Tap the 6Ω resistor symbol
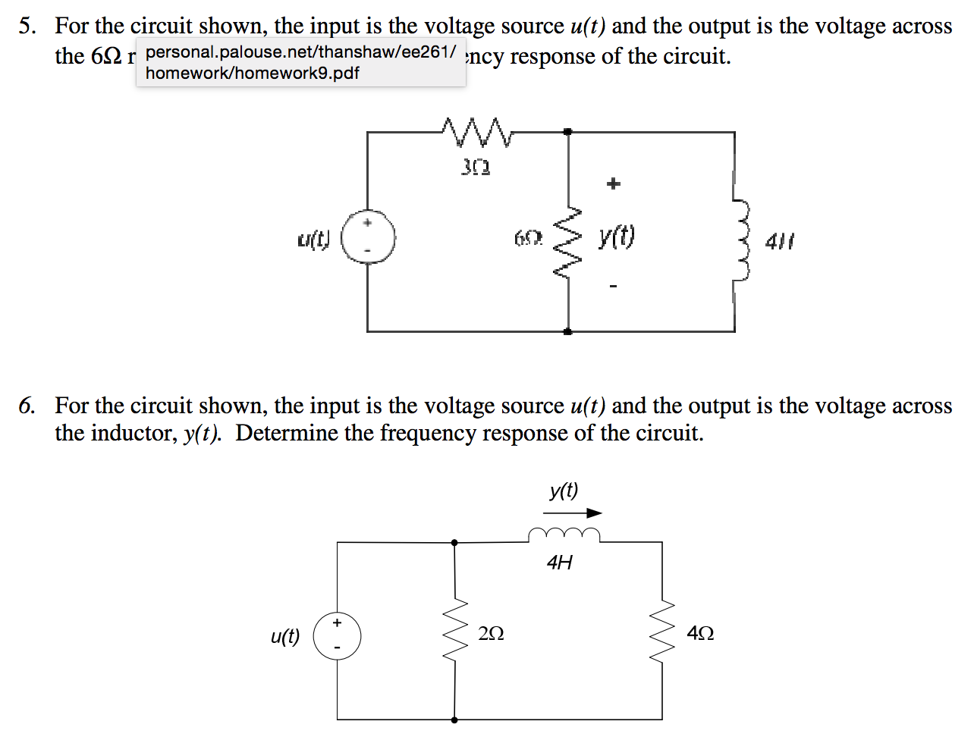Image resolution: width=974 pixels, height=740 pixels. click(568, 241)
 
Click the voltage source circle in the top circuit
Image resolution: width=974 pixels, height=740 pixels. click(368, 237)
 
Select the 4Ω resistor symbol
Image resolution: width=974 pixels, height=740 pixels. click(662, 631)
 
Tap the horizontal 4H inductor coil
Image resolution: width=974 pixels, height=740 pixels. click(564, 535)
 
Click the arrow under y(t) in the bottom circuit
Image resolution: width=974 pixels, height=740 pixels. click(572, 513)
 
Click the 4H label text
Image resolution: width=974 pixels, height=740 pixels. click(559, 563)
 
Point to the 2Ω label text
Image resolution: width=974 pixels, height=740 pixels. click(492, 633)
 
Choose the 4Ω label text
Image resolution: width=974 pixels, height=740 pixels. click(699, 633)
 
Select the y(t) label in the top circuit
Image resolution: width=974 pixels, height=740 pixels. click(616, 237)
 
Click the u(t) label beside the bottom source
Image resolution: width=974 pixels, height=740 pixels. click(285, 636)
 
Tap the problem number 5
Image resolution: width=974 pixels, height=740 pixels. click(27, 27)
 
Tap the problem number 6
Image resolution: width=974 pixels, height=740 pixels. click(27, 406)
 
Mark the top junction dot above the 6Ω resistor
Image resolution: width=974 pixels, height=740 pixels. click(568, 132)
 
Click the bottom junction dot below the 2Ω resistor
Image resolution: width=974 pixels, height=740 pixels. click(455, 719)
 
